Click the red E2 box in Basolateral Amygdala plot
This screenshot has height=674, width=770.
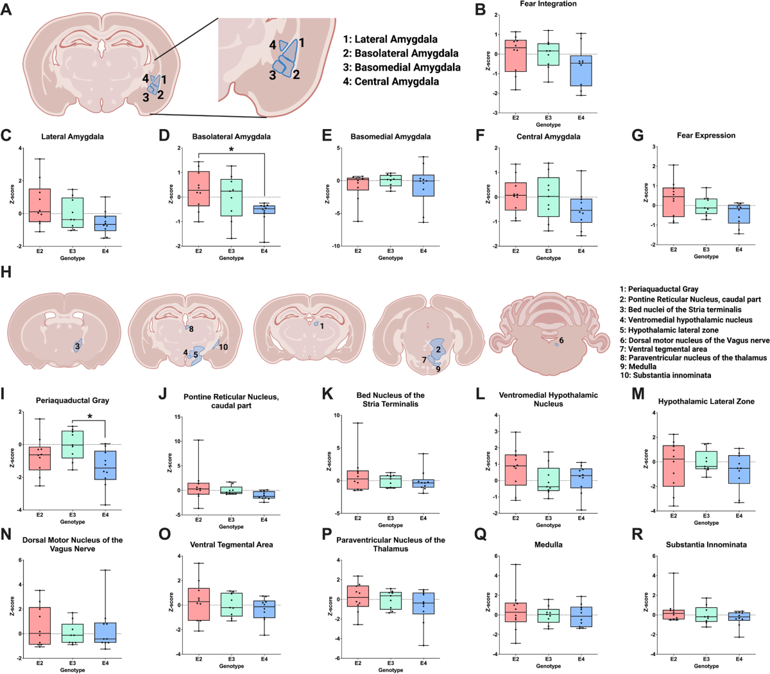pos(199,188)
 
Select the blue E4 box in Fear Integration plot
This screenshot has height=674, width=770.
pos(581,71)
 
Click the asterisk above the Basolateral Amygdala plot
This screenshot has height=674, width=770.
pos(231,150)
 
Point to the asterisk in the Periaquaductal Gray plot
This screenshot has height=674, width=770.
pos(89,417)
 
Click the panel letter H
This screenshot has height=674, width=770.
pos(7,273)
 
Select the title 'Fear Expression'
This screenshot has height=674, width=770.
pos(706,135)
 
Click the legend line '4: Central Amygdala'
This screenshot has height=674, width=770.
pos(391,82)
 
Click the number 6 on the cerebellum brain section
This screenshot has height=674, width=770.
pos(561,340)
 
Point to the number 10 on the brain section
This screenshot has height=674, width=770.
pos(223,347)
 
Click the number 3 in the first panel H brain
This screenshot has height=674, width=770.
pos(76,347)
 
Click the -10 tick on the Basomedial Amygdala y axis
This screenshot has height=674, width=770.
pos(334,246)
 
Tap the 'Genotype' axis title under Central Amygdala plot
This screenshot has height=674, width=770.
pos(548,258)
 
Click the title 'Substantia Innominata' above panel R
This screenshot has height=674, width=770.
pos(706,545)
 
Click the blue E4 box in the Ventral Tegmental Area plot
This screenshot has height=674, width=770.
pos(263,609)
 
